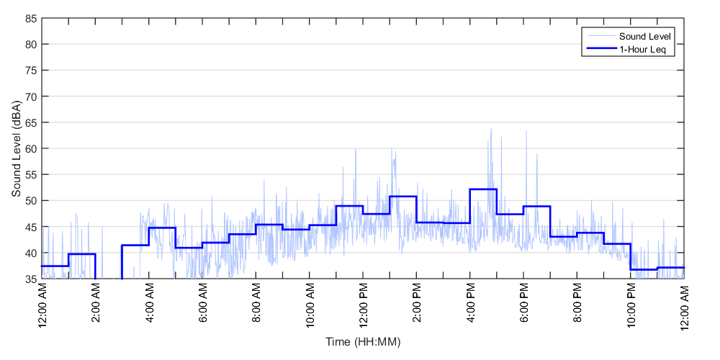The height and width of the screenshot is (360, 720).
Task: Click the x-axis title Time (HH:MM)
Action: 363,341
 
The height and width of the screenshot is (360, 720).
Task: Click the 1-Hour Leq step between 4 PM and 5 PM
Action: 483,189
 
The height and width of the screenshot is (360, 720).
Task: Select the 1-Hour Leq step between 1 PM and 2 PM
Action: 403,197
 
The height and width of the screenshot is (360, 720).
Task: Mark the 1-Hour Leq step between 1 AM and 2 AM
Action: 82,254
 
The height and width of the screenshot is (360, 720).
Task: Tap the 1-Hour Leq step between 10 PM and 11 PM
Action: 644,269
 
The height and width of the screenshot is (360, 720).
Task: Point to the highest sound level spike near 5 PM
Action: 491,129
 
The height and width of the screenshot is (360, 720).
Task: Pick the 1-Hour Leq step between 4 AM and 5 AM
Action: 162,228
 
